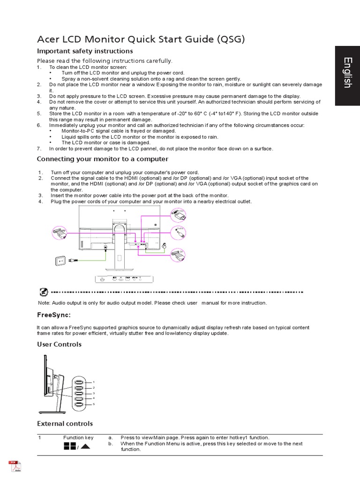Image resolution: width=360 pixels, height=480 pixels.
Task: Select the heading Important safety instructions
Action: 85,51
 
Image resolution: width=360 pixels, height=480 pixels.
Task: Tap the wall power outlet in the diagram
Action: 60,260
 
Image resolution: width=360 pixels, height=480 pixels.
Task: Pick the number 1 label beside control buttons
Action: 94,382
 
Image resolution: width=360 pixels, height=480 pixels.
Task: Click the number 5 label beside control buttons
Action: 94,404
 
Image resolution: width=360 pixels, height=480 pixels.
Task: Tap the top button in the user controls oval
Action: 78,382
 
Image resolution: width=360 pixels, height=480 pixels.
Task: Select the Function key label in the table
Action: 78,438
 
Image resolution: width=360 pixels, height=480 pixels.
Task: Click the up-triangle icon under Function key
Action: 85,446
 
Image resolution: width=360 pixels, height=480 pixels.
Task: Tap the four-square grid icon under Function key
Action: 69,446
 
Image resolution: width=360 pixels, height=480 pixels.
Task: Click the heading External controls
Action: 65,423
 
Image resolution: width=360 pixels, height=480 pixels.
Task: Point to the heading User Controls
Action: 59,344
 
